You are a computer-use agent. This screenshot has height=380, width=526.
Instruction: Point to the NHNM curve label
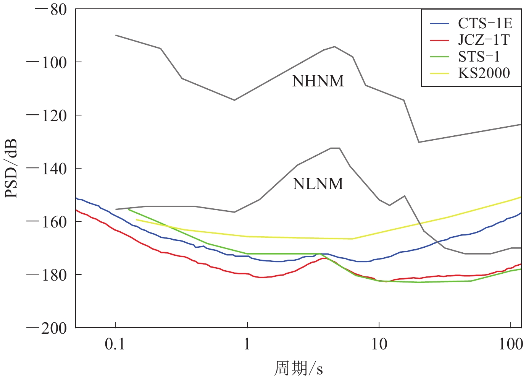pos(318,81)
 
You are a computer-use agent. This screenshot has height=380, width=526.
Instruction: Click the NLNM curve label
pos(318,184)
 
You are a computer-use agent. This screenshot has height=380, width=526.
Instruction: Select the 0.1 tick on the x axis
pos(115,344)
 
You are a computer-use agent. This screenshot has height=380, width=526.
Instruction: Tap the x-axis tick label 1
pos(247,344)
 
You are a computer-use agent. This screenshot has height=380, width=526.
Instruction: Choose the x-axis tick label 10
pos(379,344)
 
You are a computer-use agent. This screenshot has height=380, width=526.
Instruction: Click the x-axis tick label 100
pos(510,344)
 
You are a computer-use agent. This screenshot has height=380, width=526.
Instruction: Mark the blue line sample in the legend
pos(439,24)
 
